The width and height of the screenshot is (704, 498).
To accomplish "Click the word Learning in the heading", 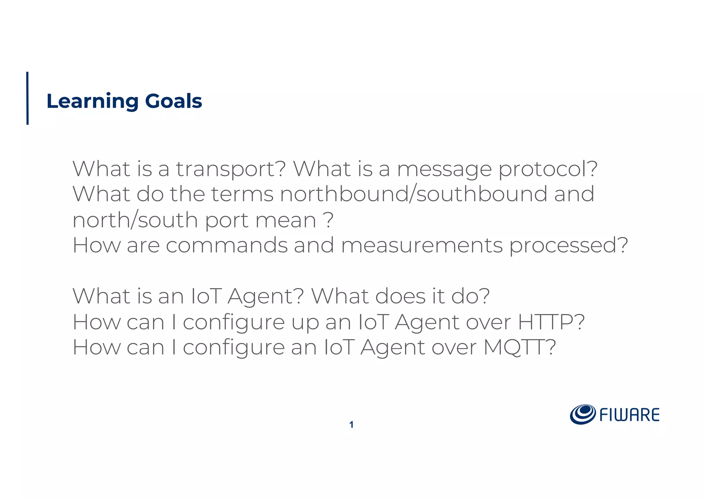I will coord(92,101).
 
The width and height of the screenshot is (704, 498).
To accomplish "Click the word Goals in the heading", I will coord(173,101).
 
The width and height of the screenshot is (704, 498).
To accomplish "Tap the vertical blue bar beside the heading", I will coord(27,98).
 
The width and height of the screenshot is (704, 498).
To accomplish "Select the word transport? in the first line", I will coord(231,169).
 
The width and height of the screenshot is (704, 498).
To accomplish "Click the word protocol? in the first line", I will coord(548,169).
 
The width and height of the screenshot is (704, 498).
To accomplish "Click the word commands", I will coord(227,245).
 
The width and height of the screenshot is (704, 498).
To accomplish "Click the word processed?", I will coord(569,245).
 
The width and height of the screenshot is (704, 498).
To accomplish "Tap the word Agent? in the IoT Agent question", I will coord(265,296).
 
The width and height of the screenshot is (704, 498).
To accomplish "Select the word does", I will coord(400,296).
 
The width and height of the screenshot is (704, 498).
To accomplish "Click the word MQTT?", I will coord(519,347).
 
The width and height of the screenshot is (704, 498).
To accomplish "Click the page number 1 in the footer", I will coord(351,425).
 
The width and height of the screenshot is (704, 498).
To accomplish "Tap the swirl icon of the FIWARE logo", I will coord(583,414).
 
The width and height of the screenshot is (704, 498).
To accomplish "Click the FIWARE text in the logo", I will coord(629,415).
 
